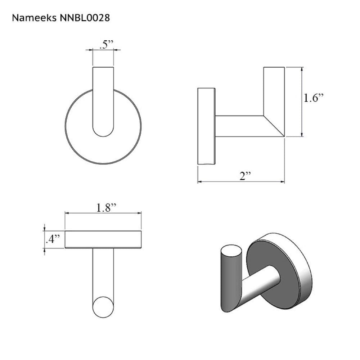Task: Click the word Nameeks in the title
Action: tap(34, 18)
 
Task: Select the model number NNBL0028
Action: tap(85, 18)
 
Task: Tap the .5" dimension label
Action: tap(107, 45)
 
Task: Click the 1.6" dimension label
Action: tap(314, 98)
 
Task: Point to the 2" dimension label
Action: tap(245, 176)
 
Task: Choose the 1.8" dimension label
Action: tap(106, 208)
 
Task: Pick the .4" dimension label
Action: tap(53, 239)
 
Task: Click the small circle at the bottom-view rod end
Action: tap(103, 307)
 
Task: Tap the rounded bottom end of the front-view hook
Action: tap(103, 131)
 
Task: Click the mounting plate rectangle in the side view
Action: tap(206, 126)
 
